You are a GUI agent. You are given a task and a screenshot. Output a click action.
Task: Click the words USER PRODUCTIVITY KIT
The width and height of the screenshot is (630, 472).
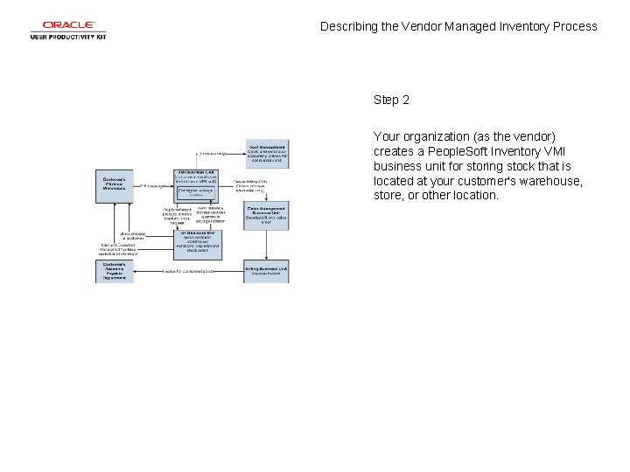68,37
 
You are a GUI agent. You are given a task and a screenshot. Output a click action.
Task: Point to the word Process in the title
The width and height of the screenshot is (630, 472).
575,26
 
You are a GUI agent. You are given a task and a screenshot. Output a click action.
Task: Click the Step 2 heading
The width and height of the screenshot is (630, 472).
391,101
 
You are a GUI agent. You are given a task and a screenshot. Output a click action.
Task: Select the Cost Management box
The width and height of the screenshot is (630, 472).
268,154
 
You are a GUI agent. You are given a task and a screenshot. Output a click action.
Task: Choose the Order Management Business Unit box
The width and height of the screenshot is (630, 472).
267,215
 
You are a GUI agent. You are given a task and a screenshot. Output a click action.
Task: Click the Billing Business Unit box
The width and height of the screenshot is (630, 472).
266,270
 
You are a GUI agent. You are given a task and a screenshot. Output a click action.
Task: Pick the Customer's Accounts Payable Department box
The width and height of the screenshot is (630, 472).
114,270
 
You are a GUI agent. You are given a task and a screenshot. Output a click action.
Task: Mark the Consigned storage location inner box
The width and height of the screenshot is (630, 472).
195,192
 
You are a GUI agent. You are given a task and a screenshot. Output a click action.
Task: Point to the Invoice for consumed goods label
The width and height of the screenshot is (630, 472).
189,271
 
